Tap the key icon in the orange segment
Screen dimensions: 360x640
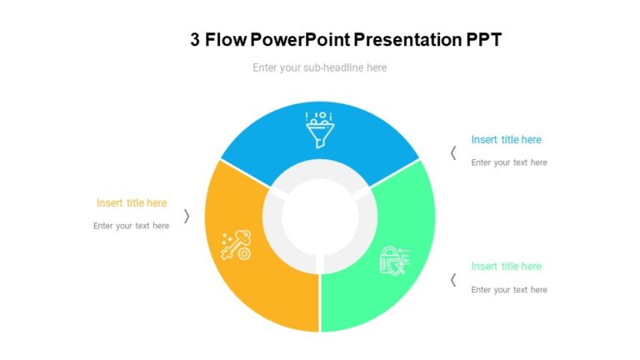235,244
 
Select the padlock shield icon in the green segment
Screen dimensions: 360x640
394,260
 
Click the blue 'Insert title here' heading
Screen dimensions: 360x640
506,140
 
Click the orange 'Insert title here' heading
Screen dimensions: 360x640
132,202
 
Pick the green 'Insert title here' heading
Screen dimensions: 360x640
506,267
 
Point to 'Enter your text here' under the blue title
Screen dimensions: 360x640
508,162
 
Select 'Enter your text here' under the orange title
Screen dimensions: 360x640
131,226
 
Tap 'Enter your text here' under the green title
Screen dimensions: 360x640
508,290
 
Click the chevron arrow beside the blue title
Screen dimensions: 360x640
453,152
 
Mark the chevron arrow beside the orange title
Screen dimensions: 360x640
187,216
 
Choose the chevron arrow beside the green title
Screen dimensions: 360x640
453,279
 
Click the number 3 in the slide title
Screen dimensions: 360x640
195,39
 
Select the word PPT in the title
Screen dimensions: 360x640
484,39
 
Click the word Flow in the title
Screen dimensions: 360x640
226,39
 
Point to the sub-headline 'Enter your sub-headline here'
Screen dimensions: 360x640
319,67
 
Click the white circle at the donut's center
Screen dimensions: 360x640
319,216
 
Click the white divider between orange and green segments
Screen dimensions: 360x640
320,300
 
